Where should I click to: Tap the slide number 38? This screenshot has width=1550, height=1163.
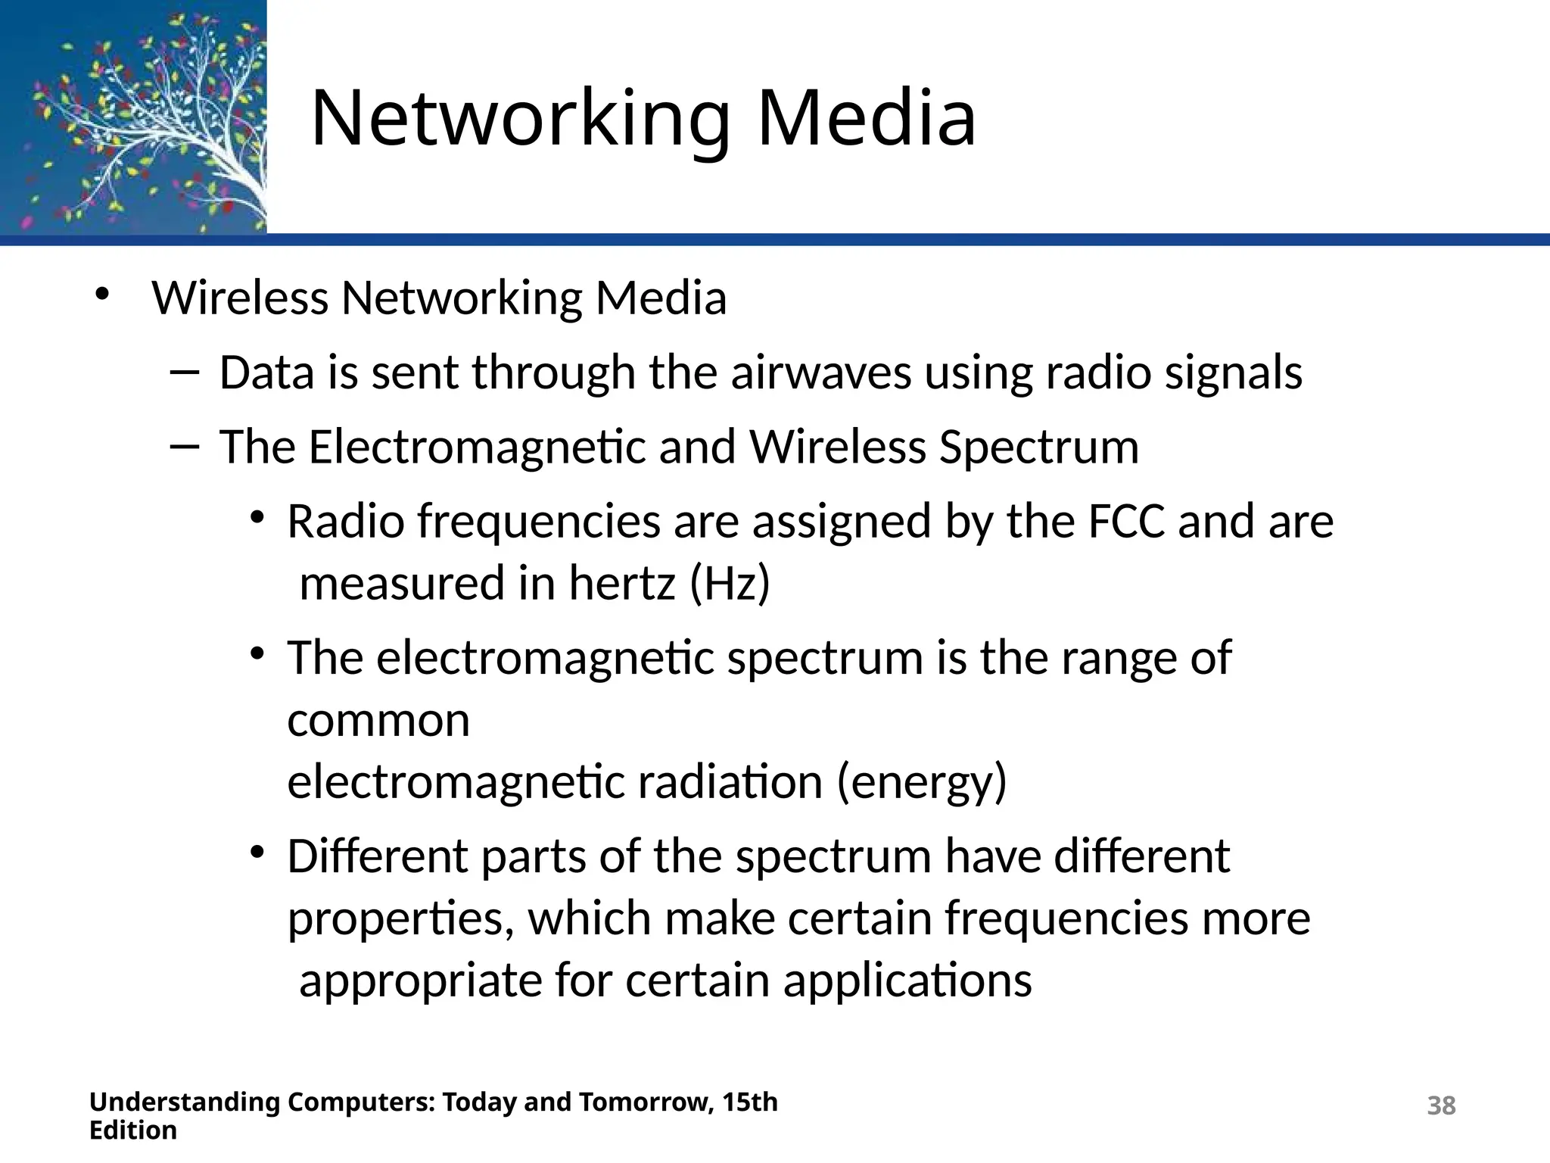1440,1105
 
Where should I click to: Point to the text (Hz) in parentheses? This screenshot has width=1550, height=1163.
730,584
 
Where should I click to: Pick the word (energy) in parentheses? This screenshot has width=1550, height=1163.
922,781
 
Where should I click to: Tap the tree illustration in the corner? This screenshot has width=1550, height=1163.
133,117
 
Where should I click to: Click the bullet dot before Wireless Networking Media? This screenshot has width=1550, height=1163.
102,294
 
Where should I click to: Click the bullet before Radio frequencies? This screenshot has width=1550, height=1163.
257,519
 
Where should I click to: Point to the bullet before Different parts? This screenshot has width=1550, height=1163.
257,853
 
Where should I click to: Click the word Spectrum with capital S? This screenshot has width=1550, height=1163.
1038,447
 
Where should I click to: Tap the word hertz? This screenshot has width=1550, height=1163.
621,584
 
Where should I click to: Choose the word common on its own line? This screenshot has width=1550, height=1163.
378,720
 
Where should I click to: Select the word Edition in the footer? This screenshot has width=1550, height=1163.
133,1130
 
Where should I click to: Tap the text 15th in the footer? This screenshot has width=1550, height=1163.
749,1102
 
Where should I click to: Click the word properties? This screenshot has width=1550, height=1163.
396,919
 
